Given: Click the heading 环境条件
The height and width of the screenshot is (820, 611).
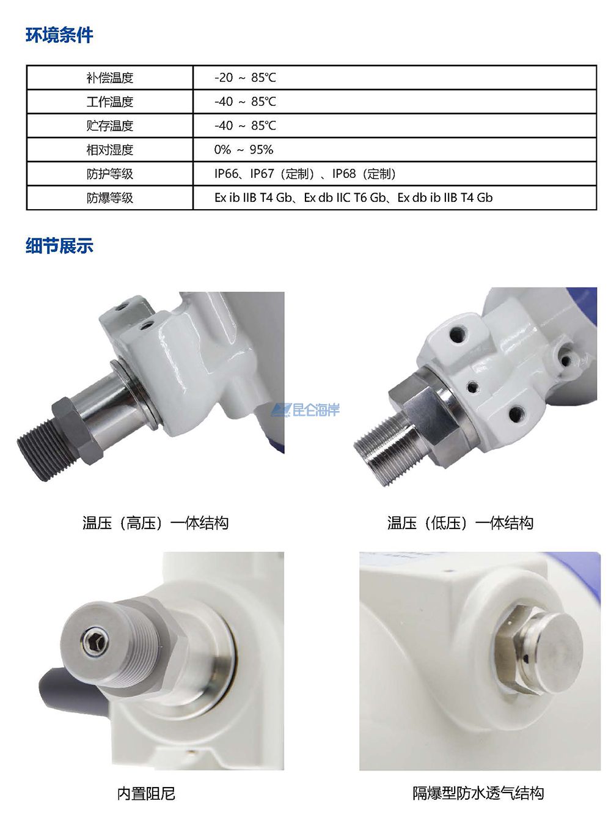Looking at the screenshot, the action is (x=59, y=35).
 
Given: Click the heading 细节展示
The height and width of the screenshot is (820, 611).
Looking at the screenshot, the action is (x=59, y=245).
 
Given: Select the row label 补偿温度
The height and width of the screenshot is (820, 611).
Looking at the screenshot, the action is (x=110, y=78).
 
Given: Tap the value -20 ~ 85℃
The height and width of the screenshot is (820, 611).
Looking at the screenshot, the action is (x=245, y=78).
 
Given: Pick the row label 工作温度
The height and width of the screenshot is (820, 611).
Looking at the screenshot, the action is (x=110, y=102).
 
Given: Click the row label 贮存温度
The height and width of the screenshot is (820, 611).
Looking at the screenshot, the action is (x=110, y=125).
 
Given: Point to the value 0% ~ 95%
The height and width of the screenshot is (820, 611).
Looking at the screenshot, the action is (x=243, y=149).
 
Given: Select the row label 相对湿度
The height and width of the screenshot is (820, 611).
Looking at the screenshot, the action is (x=110, y=149).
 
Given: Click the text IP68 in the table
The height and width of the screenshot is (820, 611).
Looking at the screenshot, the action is (x=344, y=173).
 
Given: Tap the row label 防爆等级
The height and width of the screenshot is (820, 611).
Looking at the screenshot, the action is (x=110, y=198).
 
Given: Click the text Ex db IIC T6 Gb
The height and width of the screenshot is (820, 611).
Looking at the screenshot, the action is (x=344, y=198).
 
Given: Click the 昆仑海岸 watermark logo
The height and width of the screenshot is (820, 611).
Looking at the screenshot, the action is (x=305, y=410).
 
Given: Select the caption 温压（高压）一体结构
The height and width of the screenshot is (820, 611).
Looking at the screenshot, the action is (x=155, y=523).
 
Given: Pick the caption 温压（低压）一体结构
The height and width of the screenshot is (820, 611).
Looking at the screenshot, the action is (x=460, y=523).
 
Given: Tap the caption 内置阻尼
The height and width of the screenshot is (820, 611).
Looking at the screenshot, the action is (x=146, y=793).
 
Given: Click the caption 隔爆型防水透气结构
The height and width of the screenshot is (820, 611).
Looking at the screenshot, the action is (x=478, y=792).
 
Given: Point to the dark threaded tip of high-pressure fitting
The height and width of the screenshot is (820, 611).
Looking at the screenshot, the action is (x=45, y=451).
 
